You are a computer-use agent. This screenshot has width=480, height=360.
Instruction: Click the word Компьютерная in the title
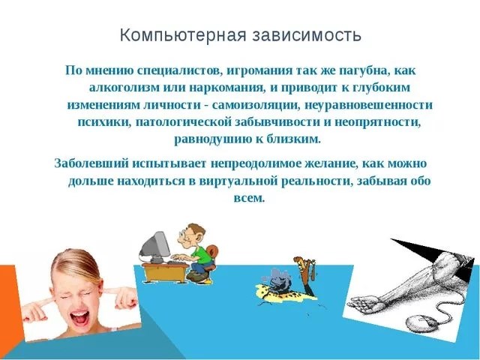click(x=183, y=35)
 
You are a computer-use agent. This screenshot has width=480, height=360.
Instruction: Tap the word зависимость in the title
click(x=307, y=35)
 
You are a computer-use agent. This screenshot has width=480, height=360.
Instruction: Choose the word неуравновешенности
click(x=368, y=105)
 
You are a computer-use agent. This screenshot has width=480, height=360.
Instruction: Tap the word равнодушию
click(x=211, y=140)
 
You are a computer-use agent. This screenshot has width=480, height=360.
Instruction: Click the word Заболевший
click(x=91, y=163)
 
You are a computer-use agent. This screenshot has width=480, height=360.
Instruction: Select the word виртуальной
click(x=237, y=181)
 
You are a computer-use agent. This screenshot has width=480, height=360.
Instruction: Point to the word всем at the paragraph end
click(x=249, y=198)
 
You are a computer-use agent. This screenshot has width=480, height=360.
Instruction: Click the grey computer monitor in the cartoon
click(x=155, y=247)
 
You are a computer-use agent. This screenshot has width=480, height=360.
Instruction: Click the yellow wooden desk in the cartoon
click(x=165, y=272)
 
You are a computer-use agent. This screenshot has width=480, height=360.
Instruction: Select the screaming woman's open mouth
click(x=80, y=318)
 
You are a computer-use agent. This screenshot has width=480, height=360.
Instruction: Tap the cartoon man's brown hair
click(x=196, y=229)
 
